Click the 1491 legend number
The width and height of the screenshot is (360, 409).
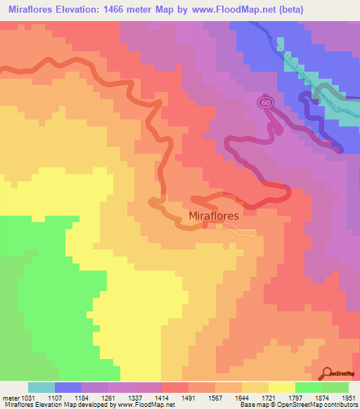[189, 397]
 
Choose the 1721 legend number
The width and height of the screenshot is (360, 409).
[269, 397]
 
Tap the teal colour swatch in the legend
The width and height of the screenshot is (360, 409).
[41, 387]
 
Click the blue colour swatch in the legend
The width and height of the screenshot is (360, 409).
[67, 387]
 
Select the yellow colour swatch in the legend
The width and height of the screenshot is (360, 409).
[281, 387]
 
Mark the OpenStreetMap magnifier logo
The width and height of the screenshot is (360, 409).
[328, 373]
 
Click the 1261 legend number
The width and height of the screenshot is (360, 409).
[109, 397]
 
